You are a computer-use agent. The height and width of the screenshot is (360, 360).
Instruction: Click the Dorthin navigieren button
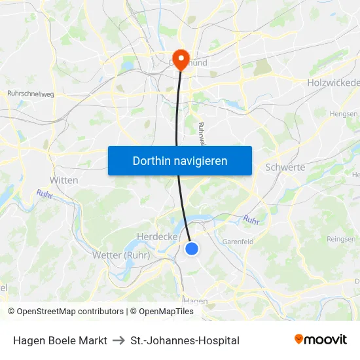[180, 160]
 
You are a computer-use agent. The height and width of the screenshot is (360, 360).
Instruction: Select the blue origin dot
[192, 248]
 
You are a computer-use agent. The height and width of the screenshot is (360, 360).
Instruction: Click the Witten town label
[63, 180]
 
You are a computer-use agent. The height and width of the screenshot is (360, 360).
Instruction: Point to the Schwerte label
[285, 167]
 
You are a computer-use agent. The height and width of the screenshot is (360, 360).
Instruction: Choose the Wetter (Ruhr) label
[121, 255]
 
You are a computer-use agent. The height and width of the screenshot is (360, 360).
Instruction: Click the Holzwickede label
[333, 83]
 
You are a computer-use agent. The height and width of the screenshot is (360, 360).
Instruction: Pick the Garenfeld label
[238, 241]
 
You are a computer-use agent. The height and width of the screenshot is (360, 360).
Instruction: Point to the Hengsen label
[344, 113]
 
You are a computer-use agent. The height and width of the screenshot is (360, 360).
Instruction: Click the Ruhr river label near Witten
[45, 194]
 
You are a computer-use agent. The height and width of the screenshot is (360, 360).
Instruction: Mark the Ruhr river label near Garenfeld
[251, 220]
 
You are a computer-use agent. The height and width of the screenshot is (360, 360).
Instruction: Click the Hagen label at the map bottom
[196, 301]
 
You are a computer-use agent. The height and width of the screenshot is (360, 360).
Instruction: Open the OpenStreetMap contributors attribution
[65, 312]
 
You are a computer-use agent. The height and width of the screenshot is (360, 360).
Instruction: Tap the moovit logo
[321, 340]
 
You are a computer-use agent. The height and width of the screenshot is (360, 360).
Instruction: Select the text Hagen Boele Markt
[60, 340]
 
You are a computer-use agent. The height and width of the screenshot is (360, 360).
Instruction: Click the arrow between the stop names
[118, 340]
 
